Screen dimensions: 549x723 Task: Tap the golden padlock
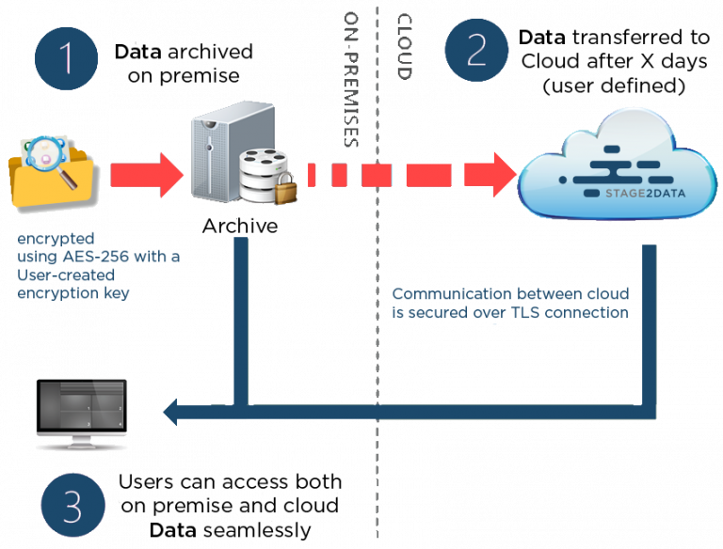tap(285, 187)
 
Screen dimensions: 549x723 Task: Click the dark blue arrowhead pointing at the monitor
tap(172, 410)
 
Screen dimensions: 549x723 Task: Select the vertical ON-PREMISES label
tap(351, 79)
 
